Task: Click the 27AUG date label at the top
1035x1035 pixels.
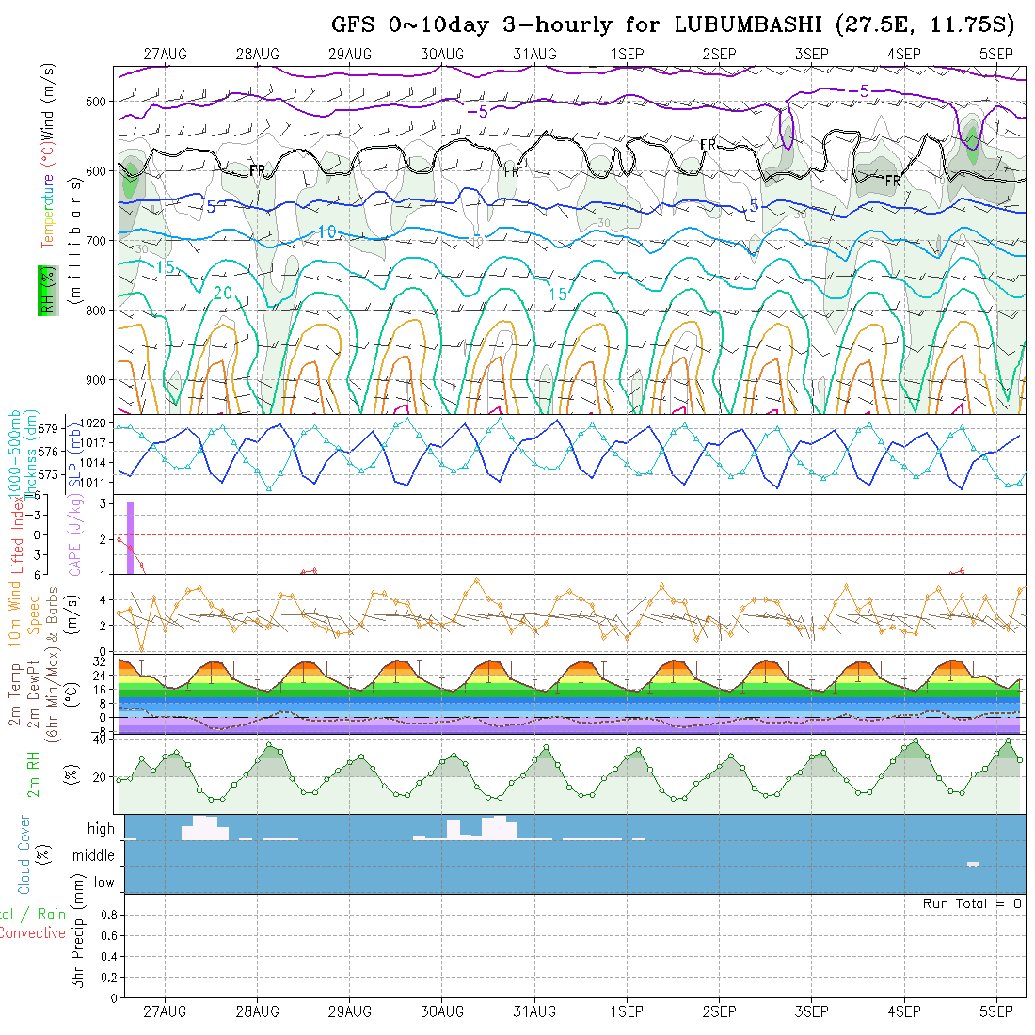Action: (x=165, y=54)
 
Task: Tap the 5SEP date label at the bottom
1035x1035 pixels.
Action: (x=995, y=1011)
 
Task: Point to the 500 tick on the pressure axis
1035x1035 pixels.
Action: (x=100, y=101)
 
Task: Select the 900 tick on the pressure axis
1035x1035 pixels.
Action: (x=100, y=380)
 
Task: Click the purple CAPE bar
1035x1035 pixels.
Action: (x=131, y=537)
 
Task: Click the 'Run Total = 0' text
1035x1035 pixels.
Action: (x=972, y=903)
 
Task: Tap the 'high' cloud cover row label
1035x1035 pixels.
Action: (x=101, y=829)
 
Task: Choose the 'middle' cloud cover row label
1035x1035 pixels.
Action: (x=93, y=856)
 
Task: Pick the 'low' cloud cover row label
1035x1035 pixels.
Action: (x=103, y=883)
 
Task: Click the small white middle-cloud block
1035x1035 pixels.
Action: (x=973, y=864)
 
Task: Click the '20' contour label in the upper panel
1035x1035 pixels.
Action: (x=222, y=294)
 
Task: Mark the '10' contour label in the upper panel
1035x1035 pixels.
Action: (x=326, y=231)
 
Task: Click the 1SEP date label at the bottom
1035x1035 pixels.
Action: (x=626, y=1011)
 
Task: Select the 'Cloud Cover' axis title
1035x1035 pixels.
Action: (x=24, y=854)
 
